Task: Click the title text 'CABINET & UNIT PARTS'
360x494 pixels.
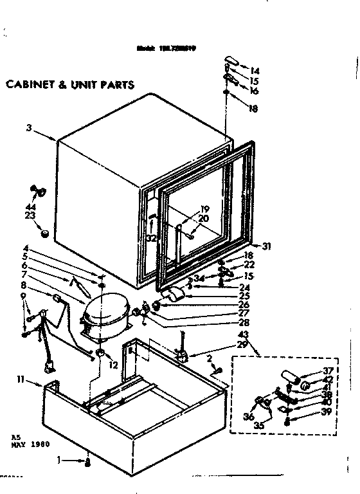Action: pyautogui.click(x=69, y=84)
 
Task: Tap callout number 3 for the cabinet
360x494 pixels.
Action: pyautogui.click(x=29, y=128)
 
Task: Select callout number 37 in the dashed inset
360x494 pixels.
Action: pyautogui.click(x=311, y=370)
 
